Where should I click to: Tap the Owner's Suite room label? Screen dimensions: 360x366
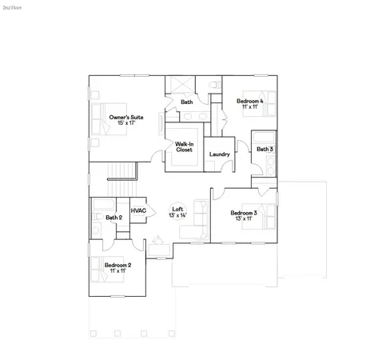(126, 118)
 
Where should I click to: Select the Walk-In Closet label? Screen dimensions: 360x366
(185, 146)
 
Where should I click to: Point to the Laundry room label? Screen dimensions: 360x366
(219, 154)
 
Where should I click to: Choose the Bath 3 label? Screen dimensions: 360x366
(265, 149)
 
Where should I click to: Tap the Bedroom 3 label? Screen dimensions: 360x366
(244, 213)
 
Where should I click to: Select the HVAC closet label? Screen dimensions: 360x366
(138, 211)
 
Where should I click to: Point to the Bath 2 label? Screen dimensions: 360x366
(113, 218)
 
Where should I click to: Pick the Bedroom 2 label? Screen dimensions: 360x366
(117, 265)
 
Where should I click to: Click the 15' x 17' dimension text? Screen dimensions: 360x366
(126, 124)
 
